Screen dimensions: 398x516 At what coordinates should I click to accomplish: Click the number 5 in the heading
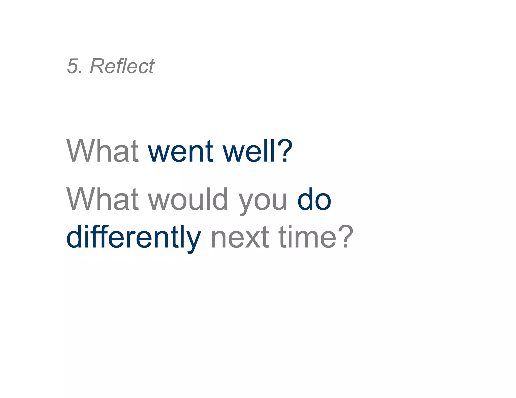point(73,66)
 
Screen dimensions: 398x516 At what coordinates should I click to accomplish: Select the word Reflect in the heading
point(122,66)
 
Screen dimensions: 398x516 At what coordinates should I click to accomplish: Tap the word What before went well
point(102,151)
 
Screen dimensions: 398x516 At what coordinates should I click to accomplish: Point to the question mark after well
point(285,150)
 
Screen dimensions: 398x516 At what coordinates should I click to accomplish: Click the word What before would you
point(102,199)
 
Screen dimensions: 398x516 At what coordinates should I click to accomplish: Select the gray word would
point(188,199)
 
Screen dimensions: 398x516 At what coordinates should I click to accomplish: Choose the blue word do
point(314,199)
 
